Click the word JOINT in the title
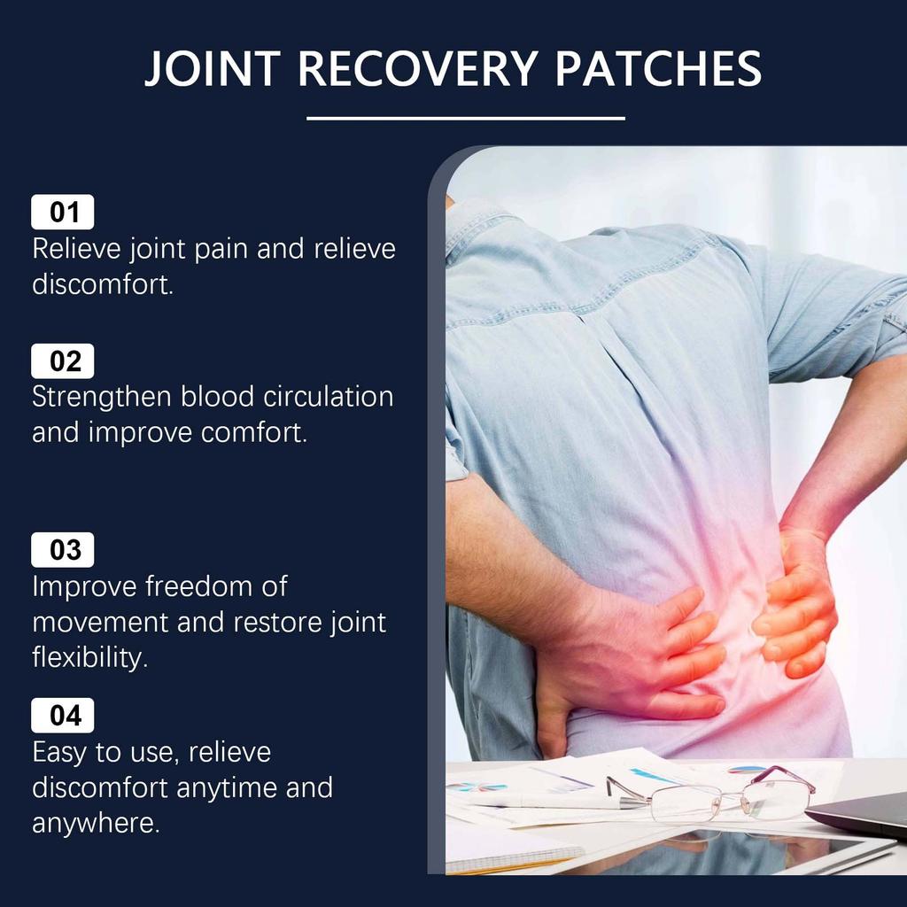[213, 68]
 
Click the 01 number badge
[63, 213]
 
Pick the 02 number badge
[63, 361]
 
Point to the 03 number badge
[63, 550]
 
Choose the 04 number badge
[63, 716]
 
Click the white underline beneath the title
[465, 118]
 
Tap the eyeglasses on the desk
[709, 795]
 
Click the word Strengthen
[103, 398]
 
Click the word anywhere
[96, 824]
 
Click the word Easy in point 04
[61, 753]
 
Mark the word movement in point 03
[100, 622]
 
